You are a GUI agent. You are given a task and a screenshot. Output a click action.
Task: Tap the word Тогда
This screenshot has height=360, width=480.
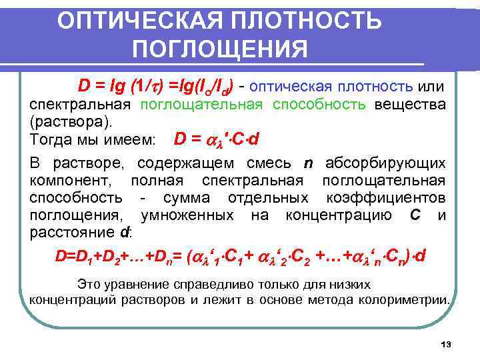(x=51, y=141)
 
